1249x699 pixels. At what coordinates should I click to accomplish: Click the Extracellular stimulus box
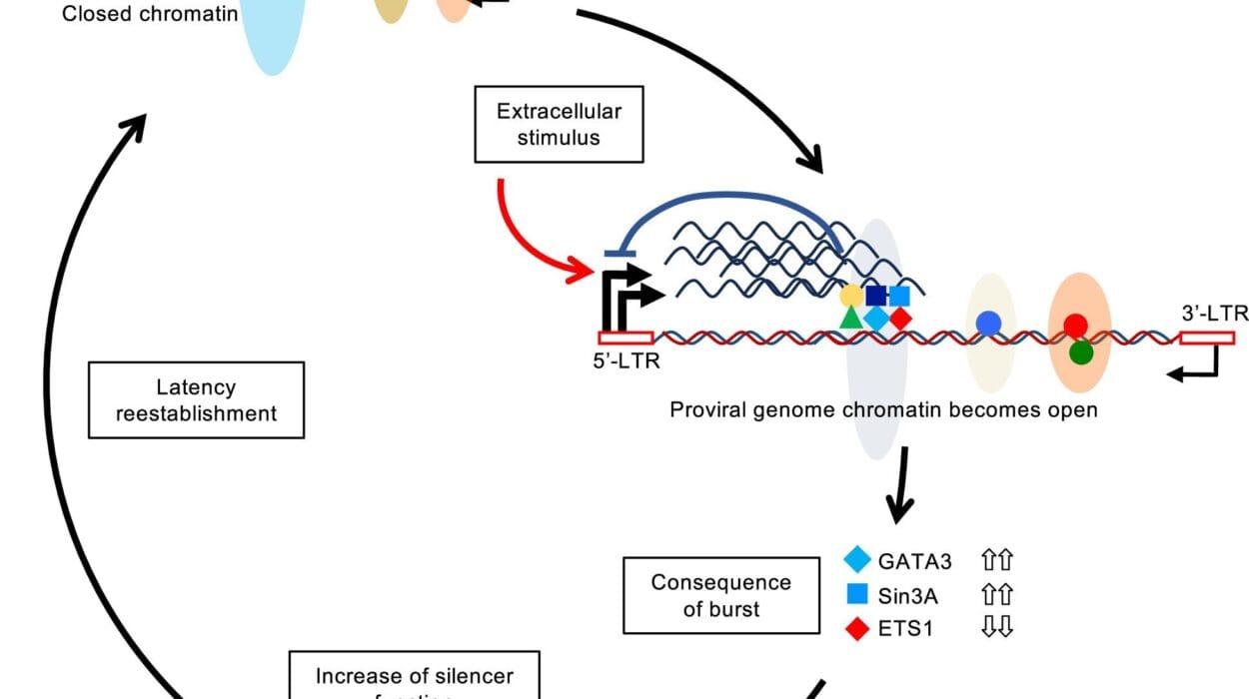pos(559,124)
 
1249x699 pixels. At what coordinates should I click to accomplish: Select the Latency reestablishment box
pos(196,399)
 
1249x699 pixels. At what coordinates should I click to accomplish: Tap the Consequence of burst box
pos(721,595)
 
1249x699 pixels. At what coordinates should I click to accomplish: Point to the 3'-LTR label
pos(1214,314)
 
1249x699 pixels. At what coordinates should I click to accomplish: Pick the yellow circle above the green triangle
pos(851,296)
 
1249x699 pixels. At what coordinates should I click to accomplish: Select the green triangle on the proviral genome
pos(850,319)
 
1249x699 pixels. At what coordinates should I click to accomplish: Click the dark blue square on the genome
pos(875,296)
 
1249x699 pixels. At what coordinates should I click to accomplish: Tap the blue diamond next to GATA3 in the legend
pos(857,560)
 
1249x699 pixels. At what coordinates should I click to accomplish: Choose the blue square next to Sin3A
pos(857,594)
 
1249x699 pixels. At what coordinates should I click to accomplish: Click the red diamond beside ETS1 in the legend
pos(857,627)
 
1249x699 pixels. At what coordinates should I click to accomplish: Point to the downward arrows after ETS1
pos(998,627)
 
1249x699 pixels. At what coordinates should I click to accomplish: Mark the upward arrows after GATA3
pos(998,560)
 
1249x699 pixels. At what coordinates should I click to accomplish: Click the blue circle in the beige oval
pos(988,322)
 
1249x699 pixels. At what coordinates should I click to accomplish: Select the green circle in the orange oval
pos(1079,351)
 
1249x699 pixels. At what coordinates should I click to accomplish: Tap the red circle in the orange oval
pos(1075,326)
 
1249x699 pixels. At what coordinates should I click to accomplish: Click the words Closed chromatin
pos(150,14)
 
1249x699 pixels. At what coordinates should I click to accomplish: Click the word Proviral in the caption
pos(706,409)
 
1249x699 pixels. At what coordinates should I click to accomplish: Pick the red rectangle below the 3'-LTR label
pos(1206,338)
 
